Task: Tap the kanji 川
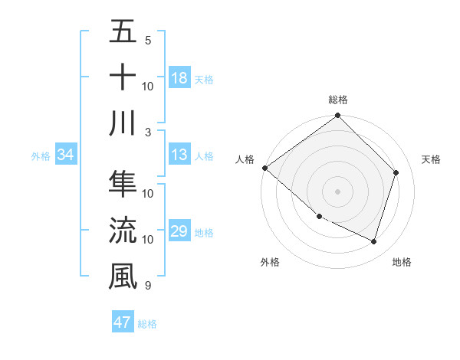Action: pyautogui.click(x=123, y=122)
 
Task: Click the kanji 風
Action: pyautogui.click(x=123, y=275)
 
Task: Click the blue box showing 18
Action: pyautogui.click(x=179, y=77)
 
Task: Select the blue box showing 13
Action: pyautogui.click(x=179, y=155)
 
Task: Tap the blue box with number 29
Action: pyautogui.click(x=179, y=232)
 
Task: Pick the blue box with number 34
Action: pyautogui.click(x=65, y=155)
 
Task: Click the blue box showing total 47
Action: pyautogui.click(x=123, y=322)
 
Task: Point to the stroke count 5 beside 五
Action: pyautogui.click(x=148, y=40)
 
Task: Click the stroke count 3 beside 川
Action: pyautogui.click(x=148, y=132)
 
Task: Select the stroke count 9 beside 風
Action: pyautogui.click(x=148, y=286)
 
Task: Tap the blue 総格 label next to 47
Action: pyautogui.click(x=147, y=324)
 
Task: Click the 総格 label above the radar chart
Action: pyautogui.click(x=337, y=100)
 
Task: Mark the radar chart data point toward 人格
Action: pyautogui.click(x=265, y=168)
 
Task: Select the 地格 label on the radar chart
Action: pyautogui.click(x=402, y=263)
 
